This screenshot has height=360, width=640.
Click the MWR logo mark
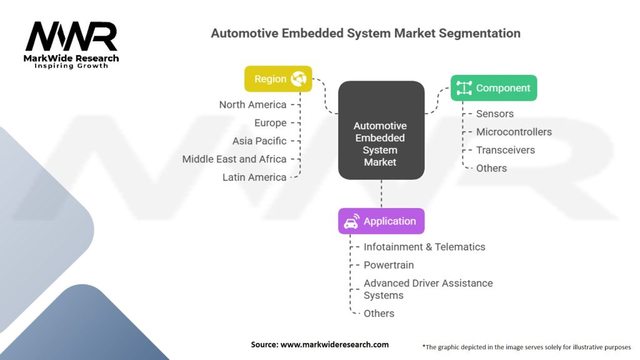pos(71,36)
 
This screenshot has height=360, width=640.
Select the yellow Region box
pos(278,79)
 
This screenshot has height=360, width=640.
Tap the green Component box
pos(494,87)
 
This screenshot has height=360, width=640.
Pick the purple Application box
pos(381,221)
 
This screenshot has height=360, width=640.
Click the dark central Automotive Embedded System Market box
pos(381,130)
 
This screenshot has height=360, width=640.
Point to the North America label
pos(252,105)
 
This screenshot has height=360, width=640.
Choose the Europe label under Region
pos(270,123)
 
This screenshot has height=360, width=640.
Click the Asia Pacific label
pos(259,141)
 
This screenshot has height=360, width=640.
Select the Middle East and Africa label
pos(234,159)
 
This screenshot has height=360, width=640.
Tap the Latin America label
pos(254,177)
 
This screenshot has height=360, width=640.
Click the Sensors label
pos(495,114)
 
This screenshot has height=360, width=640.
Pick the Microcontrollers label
pos(514,132)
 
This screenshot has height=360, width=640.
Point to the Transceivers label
pos(505,150)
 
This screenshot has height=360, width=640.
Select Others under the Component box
pos(491,168)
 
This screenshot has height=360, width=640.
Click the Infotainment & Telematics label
pos(424,247)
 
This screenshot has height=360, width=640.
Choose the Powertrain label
pos(389,265)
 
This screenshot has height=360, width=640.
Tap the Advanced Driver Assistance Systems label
pos(428,289)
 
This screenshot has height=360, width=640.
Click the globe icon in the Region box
pos(298,78)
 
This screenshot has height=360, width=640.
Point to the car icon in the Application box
pos(351,221)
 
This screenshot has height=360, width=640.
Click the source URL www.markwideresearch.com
pos(334,344)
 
